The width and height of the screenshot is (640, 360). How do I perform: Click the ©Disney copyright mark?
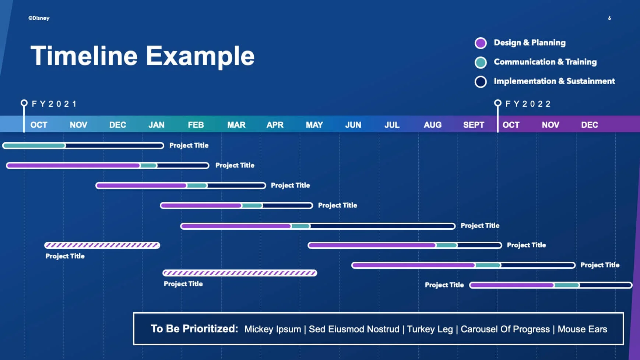coord(39,18)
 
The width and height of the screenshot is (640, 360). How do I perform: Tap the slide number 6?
coord(609,18)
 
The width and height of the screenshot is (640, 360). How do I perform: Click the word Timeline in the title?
coord(84,56)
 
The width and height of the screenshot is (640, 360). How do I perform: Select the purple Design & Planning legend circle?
coord(481,43)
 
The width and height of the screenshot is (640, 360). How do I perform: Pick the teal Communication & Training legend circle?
coord(481,63)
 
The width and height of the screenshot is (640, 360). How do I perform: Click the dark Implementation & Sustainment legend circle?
coord(481,82)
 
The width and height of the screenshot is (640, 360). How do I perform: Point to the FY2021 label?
coord(54,104)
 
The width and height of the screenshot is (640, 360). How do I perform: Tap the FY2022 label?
coord(528,104)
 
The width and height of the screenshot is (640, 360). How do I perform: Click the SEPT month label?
coord(474,125)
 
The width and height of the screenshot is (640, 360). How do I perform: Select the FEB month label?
coord(196,125)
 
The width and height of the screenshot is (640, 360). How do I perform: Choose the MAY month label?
coord(314,125)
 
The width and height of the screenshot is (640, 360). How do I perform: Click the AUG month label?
coord(432,125)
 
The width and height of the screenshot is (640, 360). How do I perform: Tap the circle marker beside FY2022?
coord(497,103)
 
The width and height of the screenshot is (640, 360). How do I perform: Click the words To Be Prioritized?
coord(194,329)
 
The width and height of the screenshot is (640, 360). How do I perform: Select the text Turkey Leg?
coord(430,329)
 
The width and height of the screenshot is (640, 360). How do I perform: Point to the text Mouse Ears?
coord(582,329)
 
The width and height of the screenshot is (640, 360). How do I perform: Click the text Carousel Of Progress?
coord(505,329)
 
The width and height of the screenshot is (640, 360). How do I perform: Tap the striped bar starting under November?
coord(102,246)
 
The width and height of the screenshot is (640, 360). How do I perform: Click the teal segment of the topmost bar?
coord(34,146)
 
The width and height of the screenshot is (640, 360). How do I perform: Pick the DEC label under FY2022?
coord(589,125)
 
